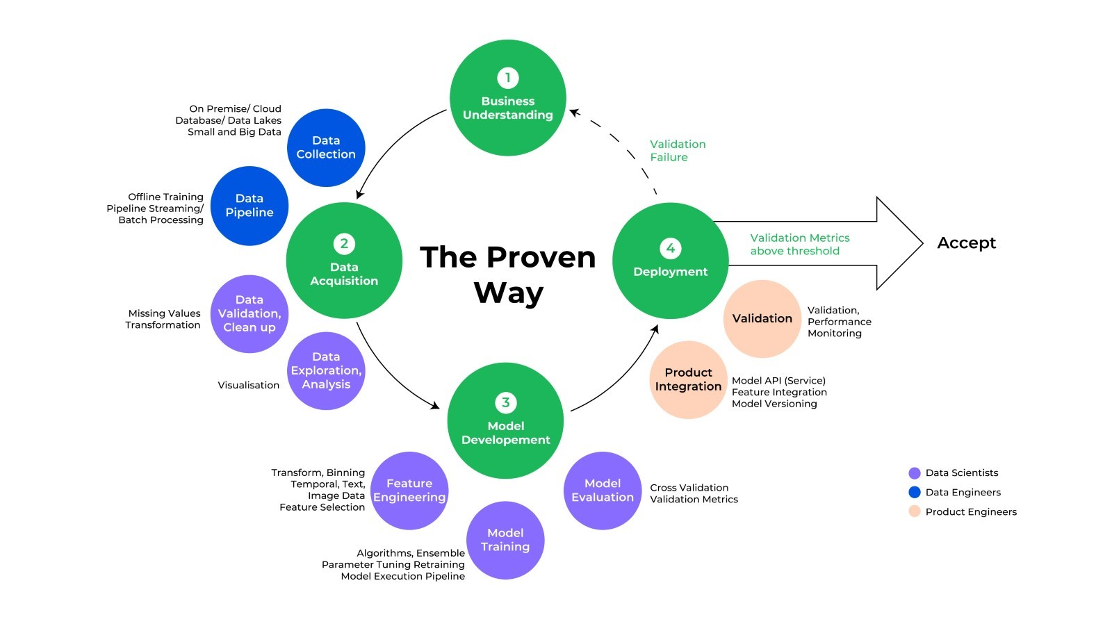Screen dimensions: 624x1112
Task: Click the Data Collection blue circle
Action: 326,147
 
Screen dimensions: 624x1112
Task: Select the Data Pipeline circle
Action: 250,206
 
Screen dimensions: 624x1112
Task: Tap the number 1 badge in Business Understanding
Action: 508,77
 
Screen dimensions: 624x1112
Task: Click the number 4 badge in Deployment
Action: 670,248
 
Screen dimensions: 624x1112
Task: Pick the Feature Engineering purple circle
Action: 409,491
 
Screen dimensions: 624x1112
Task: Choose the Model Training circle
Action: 505,540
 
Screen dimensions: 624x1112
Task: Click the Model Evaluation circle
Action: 603,491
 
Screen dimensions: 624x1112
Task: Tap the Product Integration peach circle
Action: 688,379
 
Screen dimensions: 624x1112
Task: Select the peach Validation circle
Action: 762,318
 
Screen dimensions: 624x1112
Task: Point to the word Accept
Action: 966,243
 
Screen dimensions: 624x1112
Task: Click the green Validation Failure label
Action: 677,151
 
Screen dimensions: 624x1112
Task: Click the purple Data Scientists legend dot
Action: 915,473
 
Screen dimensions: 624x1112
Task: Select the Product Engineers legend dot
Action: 915,512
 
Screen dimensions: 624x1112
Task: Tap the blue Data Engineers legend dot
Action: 915,493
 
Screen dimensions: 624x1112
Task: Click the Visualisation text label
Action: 248,385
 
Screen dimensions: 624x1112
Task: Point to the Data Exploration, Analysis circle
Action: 326,371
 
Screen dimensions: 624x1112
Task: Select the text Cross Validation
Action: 689,488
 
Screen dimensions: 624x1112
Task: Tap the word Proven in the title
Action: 541,258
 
